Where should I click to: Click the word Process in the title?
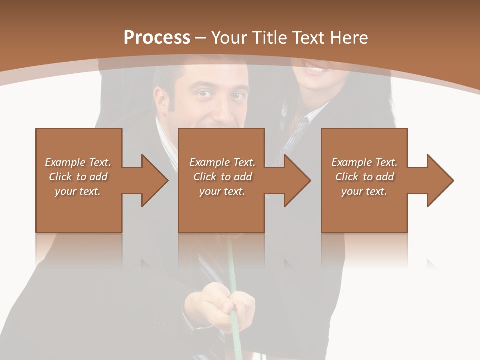[x=157, y=37]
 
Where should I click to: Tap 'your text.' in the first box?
[x=78, y=191]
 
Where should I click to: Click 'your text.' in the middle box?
[x=222, y=191]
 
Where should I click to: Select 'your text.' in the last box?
[x=364, y=191]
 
